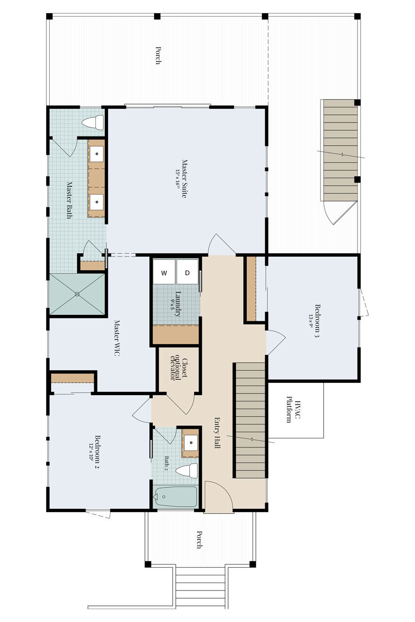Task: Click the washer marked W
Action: point(164,272)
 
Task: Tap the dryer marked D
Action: point(187,272)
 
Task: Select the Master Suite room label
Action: point(184,178)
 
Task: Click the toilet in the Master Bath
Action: point(93,122)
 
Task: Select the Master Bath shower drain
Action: point(77,294)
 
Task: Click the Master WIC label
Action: point(117,338)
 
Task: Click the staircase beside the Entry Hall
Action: point(251,420)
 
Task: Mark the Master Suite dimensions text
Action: point(177,178)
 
